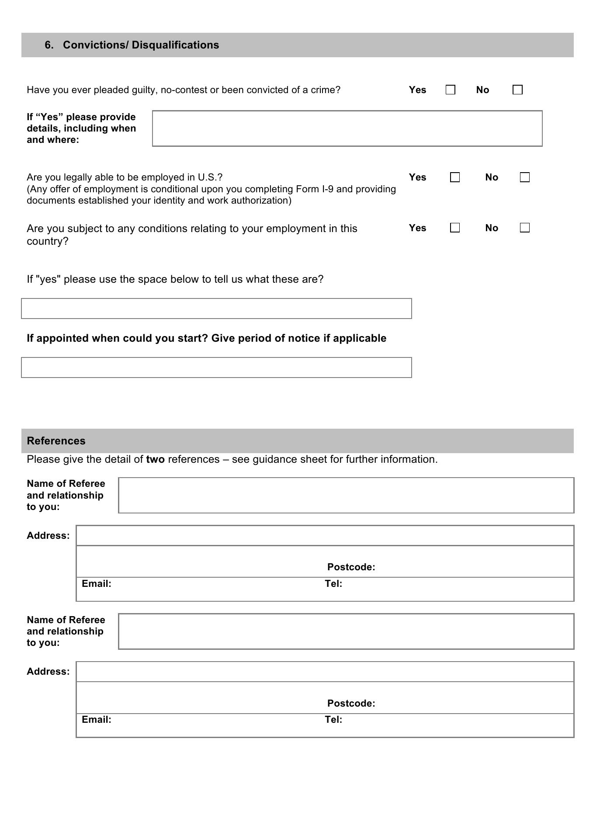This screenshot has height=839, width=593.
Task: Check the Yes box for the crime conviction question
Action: pyautogui.click(x=450, y=90)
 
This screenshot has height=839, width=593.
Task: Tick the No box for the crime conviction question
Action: pyautogui.click(x=517, y=90)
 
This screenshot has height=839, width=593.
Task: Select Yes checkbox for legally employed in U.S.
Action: pyautogui.click(x=454, y=177)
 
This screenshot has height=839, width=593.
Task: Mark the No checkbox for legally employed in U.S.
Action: pyautogui.click(x=524, y=177)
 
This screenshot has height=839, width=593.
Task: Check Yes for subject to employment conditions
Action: pyautogui.click(x=454, y=228)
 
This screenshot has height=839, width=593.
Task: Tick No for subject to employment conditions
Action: pyautogui.click(x=524, y=228)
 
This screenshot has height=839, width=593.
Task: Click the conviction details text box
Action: pyautogui.click(x=347, y=128)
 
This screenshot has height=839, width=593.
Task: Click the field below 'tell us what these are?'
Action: pyautogui.click(x=216, y=309)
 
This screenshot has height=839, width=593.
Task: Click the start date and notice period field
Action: pyautogui.click(x=216, y=367)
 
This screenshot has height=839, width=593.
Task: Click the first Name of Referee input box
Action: pyautogui.click(x=346, y=495)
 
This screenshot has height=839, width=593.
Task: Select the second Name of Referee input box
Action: pyautogui.click(x=346, y=631)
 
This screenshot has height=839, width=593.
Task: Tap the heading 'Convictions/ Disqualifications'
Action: pyautogui.click(x=141, y=45)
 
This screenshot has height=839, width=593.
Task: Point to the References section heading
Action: pyautogui.click(x=56, y=440)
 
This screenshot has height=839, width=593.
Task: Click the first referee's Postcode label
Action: pyautogui.click(x=351, y=567)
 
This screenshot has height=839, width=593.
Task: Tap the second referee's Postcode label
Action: pyautogui.click(x=351, y=703)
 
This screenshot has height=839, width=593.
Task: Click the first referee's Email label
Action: pyautogui.click(x=96, y=583)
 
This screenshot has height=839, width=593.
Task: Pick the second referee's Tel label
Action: pyautogui.click(x=333, y=719)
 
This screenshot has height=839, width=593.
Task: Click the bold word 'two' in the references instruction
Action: pyautogui.click(x=155, y=459)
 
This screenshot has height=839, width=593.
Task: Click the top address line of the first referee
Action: pyautogui.click(x=325, y=535)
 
